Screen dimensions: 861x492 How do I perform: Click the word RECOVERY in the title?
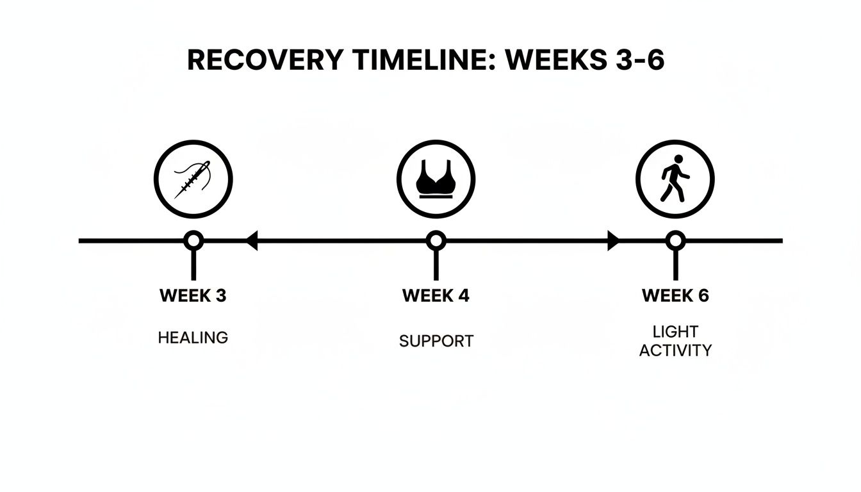(x=265, y=60)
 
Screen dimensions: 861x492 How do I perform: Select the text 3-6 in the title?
(x=640, y=60)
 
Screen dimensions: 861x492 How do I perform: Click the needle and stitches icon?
(x=193, y=179)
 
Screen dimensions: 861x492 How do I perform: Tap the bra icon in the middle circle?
(x=436, y=179)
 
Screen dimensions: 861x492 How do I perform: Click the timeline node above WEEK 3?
(x=193, y=241)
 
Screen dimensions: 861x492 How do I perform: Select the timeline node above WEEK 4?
(x=436, y=241)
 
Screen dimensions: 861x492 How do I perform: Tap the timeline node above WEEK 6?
(x=675, y=241)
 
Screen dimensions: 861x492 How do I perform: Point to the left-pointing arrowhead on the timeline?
(x=252, y=241)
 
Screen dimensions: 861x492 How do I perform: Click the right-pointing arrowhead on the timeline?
(x=614, y=241)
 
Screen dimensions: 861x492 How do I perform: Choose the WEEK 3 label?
(x=193, y=295)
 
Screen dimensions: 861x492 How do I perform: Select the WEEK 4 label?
(x=436, y=295)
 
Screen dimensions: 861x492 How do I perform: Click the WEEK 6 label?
(x=675, y=295)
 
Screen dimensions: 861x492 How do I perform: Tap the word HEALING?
(x=193, y=338)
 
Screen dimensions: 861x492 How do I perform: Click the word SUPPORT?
(x=436, y=341)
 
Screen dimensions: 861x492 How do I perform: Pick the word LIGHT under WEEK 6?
(x=675, y=331)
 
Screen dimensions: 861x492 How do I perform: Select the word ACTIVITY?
(x=675, y=350)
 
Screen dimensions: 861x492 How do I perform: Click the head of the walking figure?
(x=678, y=159)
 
